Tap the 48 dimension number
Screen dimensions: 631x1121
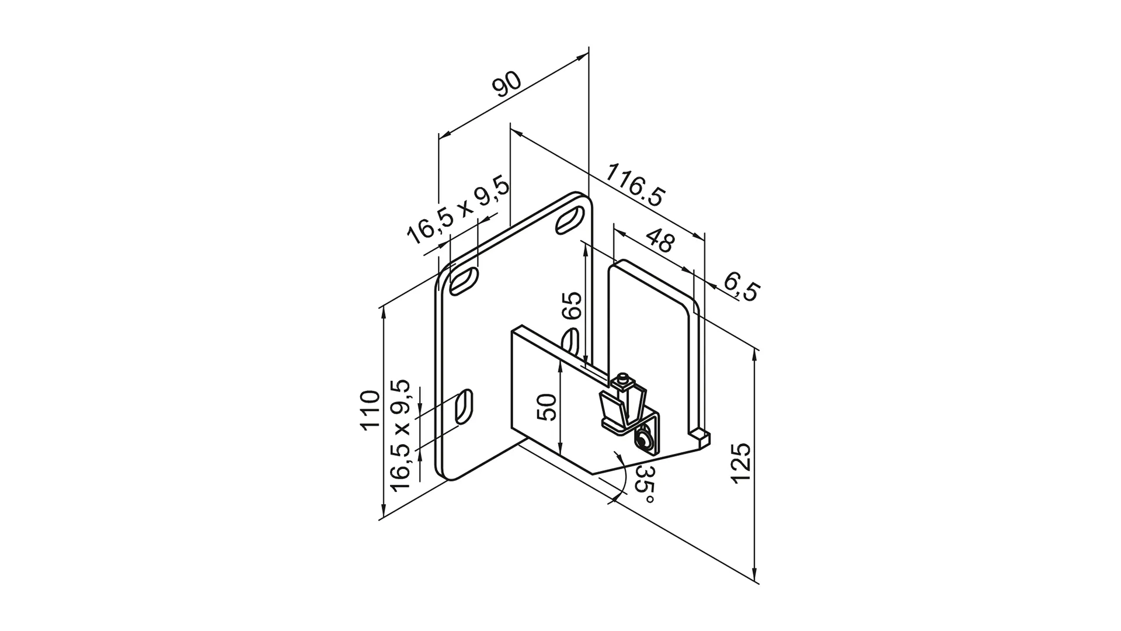660,243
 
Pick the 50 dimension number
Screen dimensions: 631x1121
547,407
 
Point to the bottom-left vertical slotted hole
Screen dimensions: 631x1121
464,407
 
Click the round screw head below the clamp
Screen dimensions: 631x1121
645,440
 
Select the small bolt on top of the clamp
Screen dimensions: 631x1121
625,380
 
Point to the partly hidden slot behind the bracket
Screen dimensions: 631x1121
572,342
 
